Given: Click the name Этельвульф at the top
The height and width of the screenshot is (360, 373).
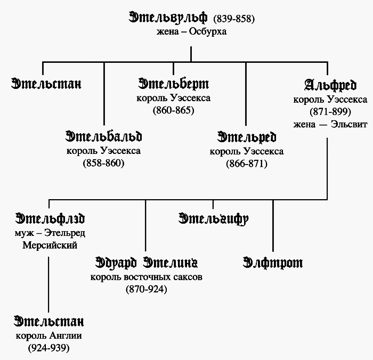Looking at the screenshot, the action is (168, 18).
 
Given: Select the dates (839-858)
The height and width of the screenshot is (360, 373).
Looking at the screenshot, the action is (234, 19).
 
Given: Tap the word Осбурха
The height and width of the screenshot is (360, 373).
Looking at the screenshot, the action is (208, 31).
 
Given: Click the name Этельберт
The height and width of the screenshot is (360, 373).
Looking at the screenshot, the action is (173, 84).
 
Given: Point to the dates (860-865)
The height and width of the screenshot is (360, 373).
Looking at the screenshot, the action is (173, 110).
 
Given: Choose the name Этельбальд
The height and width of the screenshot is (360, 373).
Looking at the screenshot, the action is (104, 136).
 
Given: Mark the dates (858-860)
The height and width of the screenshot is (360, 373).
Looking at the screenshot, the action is (104, 163).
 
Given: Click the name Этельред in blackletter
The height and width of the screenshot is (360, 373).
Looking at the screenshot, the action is (247, 137).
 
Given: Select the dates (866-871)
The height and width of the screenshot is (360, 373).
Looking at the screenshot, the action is (247, 163).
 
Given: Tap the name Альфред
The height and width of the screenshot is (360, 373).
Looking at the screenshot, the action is (330, 85).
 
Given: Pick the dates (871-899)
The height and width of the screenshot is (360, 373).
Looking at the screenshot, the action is (330, 111).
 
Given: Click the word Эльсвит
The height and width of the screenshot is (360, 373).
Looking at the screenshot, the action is (349, 124).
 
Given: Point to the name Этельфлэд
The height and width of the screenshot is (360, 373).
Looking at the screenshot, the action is (50, 218).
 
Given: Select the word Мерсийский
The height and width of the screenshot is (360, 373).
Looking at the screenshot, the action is (50, 245).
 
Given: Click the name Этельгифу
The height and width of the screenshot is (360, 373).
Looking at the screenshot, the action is (213, 219).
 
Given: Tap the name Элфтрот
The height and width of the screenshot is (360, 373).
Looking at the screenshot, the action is (273, 263).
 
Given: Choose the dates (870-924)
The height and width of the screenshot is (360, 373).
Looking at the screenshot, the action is (147, 289).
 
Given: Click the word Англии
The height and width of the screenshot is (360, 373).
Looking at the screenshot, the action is (66, 336).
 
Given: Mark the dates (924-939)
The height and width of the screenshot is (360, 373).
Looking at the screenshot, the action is (49, 348).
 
